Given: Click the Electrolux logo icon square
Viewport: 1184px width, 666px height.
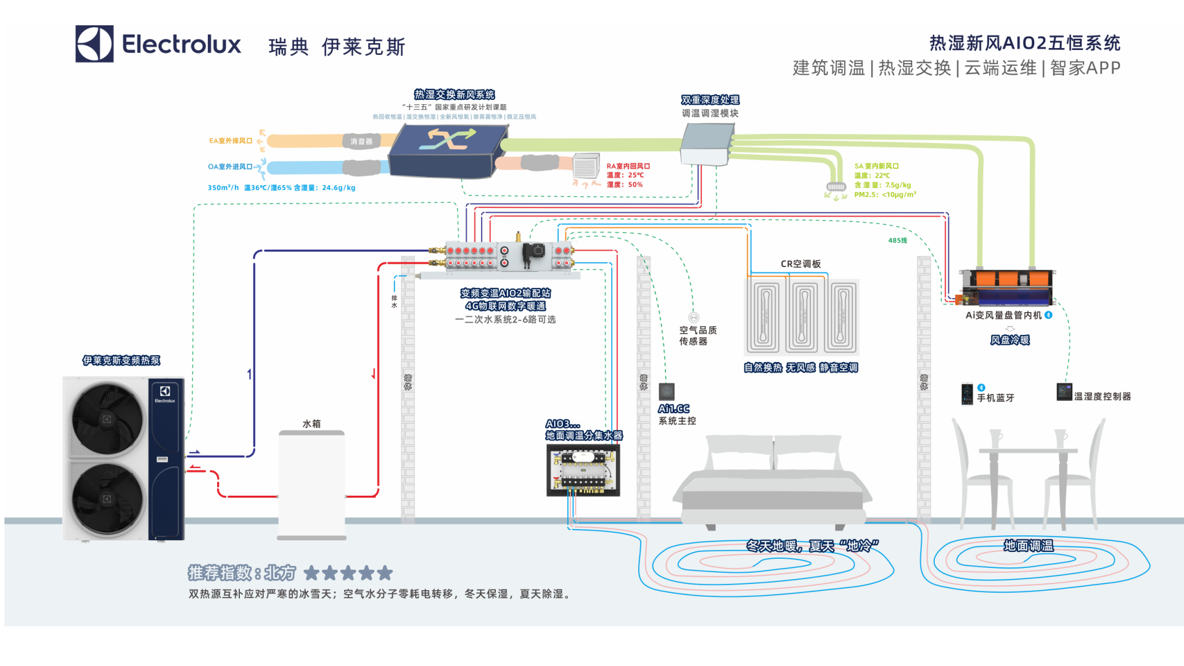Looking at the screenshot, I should pyautogui.click(x=94, y=44).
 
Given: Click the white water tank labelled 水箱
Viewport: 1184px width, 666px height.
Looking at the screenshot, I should pyautogui.click(x=311, y=485).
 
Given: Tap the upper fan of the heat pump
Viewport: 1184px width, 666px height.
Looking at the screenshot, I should pyautogui.click(x=107, y=419).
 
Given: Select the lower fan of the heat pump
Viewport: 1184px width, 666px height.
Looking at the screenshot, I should pyautogui.click(x=107, y=498).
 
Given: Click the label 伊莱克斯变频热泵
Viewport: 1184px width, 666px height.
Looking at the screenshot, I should pyautogui.click(x=121, y=361).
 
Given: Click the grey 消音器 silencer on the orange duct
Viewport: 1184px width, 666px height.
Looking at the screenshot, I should pyautogui.click(x=361, y=141).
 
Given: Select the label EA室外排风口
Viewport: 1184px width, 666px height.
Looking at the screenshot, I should pyautogui.click(x=230, y=141).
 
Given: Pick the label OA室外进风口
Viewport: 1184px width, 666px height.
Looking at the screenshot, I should pyautogui.click(x=229, y=166).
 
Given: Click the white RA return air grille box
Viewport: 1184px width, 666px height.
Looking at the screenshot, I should pyautogui.click(x=586, y=166).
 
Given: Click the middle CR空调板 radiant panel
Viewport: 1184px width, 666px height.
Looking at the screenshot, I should pyautogui.click(x=804, y=316).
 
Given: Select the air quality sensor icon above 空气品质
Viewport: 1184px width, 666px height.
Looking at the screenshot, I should pyautogui.click(x=694, y=318).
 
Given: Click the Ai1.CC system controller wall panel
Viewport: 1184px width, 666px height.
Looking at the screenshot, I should pyautogui.click(x=667, y=392).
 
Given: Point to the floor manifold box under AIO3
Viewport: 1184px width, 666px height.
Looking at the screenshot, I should pyautogui.click(x=583, y=471).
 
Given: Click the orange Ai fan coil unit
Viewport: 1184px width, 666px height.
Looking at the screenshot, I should pyautogui.click(x=1008, y=287).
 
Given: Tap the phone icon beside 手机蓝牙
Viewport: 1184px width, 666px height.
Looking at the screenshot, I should pyautogui.click(x=967, y=394).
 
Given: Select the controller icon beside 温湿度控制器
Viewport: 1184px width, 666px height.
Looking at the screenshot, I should pyautogui.click(x=1064, y=392).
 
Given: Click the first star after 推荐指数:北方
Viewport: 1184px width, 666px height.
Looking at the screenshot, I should pyautogui.click(x=311, y=573).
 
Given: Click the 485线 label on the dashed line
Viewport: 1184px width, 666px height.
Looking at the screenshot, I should pyautogui.click(x=897, y=240).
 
